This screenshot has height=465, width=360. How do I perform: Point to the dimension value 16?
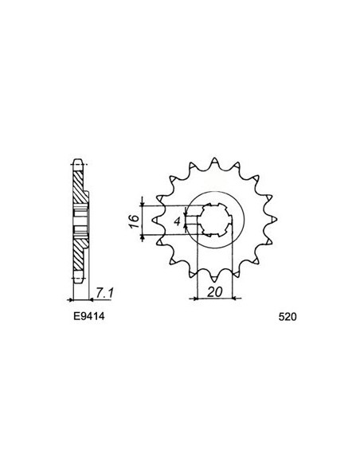(135, 217)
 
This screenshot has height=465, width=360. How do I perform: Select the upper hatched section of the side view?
(77, 187)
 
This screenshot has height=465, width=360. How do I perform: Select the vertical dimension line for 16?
(143, 217)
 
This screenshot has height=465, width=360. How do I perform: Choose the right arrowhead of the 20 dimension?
(233, 299)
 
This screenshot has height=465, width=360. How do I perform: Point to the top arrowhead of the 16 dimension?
(143, 198)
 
